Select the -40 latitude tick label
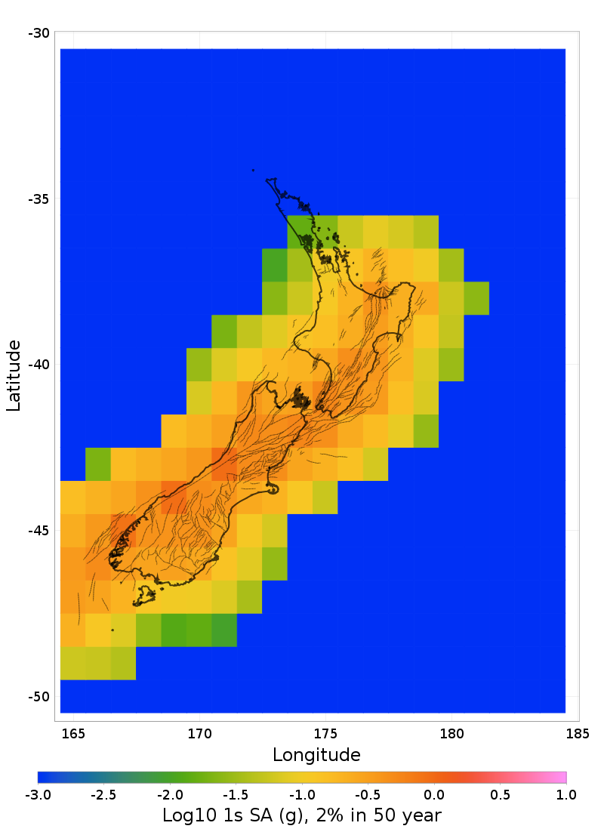point(39,365)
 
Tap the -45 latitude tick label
point(39,531)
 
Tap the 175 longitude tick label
point(325,732)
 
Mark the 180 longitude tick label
point(451,732)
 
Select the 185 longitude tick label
point(578,732)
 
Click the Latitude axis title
point(14,375)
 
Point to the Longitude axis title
point(316,754)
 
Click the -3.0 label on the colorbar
point(38,794)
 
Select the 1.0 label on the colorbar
point(566,794)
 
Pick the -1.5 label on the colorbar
point(236,794)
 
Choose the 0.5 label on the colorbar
point(500,794)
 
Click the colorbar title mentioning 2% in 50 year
point(302,815)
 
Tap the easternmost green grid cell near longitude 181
point(476,298)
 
